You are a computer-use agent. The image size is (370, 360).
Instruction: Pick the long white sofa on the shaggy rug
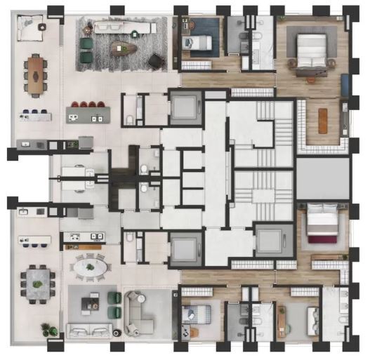point(125,28)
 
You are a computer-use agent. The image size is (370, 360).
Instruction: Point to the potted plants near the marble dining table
point(48,329)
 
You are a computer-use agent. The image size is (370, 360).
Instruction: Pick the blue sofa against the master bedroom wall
point(345,87)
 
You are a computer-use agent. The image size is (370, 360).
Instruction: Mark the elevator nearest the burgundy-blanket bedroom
point(269,241)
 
